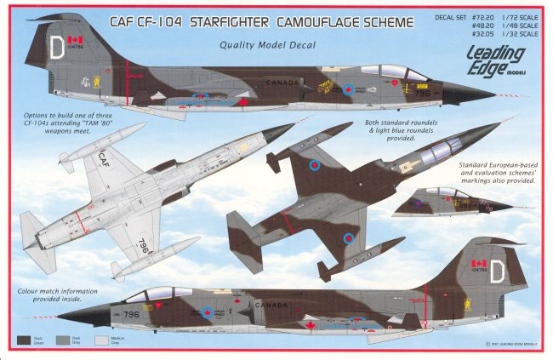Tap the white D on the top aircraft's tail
pos(57,49)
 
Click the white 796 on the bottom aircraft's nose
pos(130,314)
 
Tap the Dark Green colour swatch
pos(25,340)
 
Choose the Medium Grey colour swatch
pos(100,340)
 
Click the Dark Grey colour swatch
pos(63,340)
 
